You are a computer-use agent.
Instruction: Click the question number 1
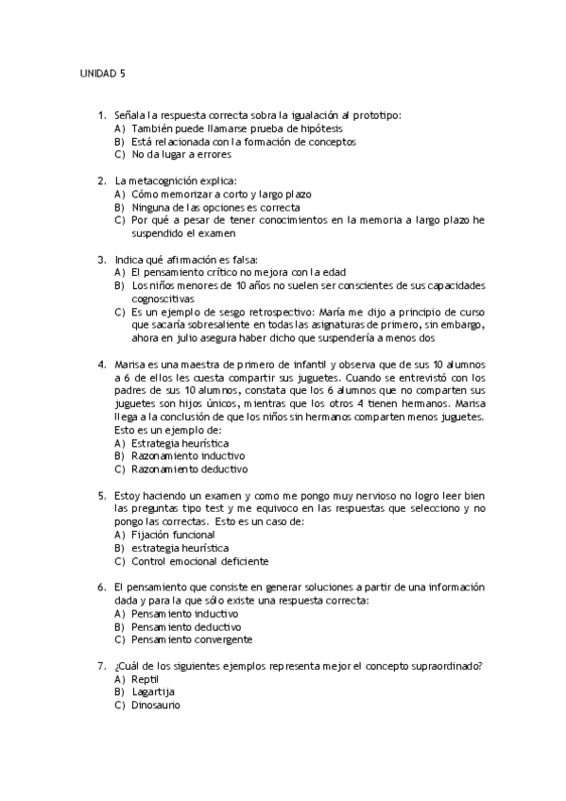pyautogui.click(x=101, y=115)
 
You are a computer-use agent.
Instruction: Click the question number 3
pyautogui.click(x=101, y=259)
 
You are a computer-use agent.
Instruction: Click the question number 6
pyautogui.click(x=101, y=587)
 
